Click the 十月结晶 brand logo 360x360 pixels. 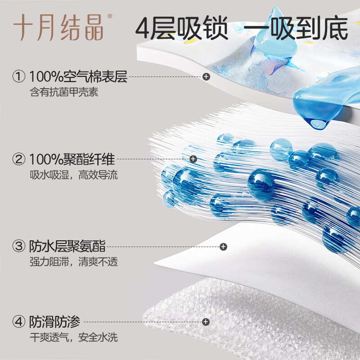(58, 28)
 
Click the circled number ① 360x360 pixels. (19, 77)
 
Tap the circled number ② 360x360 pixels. (19, 159)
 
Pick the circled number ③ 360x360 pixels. (19, 246)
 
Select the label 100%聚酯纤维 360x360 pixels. (72, 159)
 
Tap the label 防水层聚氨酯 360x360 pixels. (67, 246)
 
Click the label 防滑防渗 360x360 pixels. (54, 322)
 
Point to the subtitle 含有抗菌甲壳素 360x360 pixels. (63, 93)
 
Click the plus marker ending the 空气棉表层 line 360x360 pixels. (206, 77)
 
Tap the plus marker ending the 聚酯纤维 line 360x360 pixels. (193, 159)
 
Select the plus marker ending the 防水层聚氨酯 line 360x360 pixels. (223, 246)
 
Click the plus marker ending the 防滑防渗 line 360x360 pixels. (206, 322)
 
